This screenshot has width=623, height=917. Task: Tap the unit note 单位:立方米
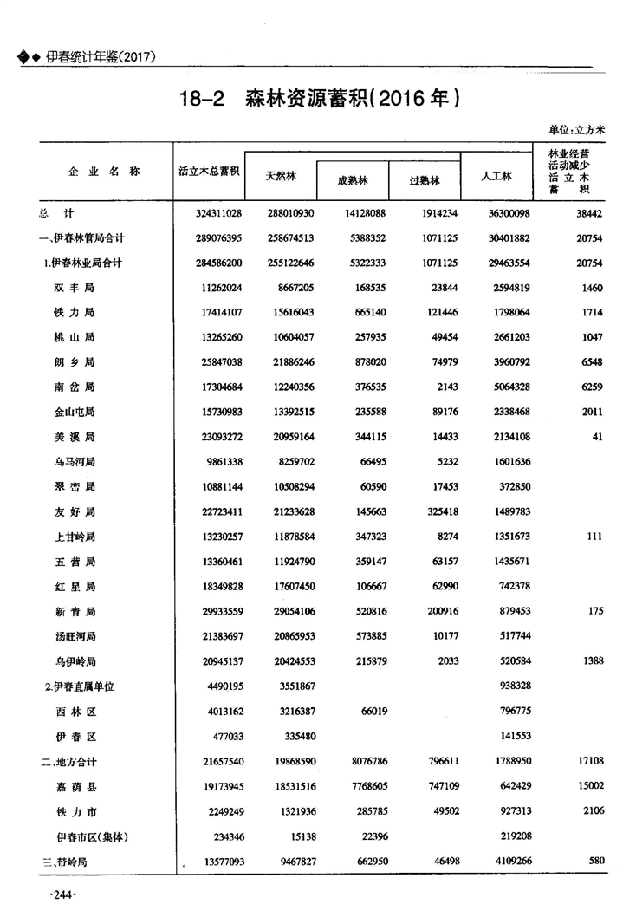point(576,129)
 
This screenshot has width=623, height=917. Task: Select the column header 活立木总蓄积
point(208,172)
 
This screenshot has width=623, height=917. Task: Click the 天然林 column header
point(281,176)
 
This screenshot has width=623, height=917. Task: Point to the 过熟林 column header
point(425,181)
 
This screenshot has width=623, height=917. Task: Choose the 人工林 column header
point(496,176)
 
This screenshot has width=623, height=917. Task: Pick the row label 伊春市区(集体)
point(91,837)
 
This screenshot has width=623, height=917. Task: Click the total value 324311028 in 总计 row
point(211,212)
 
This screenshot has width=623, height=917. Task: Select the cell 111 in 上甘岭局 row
point(593,537)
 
